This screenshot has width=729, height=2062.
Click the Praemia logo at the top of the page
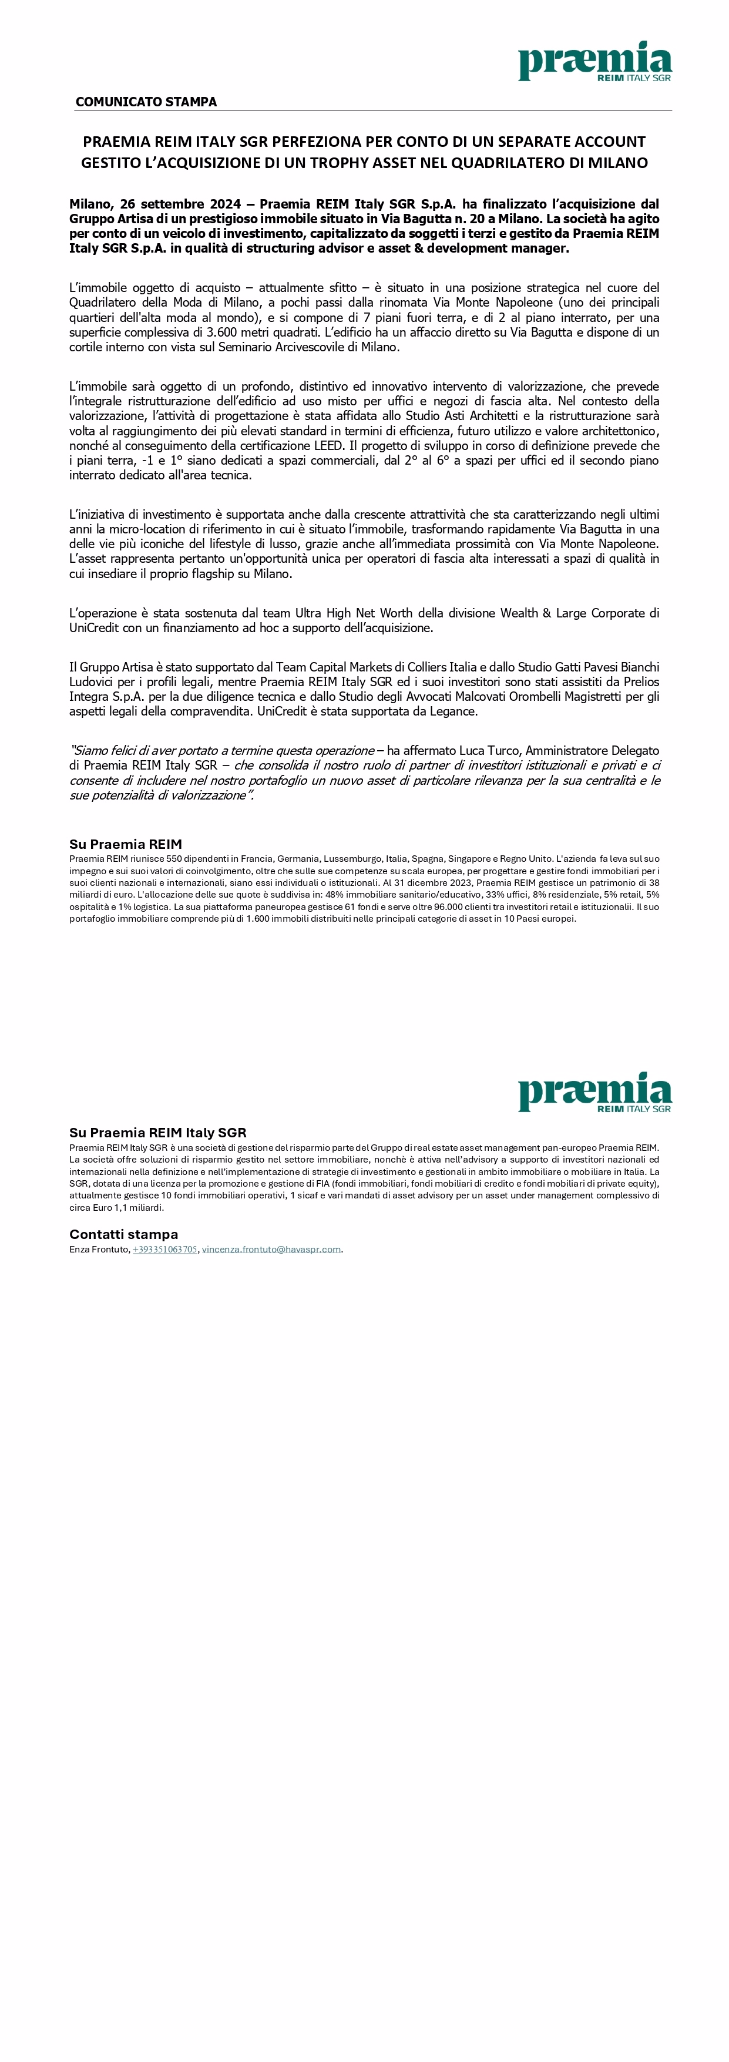[x=594, y=62]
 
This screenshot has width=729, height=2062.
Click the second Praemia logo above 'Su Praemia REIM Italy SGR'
[x=594, y=1092]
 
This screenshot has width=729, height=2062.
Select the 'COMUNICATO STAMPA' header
[x=146, y=102]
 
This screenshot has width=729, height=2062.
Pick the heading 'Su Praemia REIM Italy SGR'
[x=157, y=1133]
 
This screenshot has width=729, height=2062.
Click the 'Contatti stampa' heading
[x=124, y=1234]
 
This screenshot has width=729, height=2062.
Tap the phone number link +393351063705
[x=164, y=1250]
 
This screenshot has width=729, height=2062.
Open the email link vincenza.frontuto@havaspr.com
[x=271, y=1250]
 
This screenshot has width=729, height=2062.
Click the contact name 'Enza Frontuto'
[x=99, y=1250]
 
